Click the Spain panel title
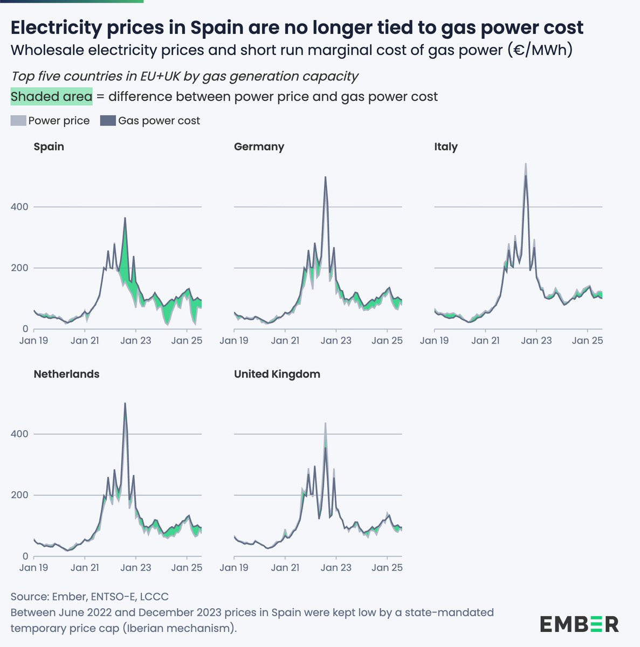click(x=49, y=147)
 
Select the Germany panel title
click(x=259, y=147)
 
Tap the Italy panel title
click(x=445, y=147)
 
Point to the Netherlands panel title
click(x=66, y=374)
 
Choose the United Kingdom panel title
click(x=277, y=374)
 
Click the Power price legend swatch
click(x=18, y=121)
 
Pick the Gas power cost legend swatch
click(x=108, y=121)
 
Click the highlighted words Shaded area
click(x=51, y=97)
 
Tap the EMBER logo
click(x=579, y=624)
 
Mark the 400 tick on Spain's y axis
click(x=19, y=207)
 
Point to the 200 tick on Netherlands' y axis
click(x=19, y=495)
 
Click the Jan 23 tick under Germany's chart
click(x=336, y=340)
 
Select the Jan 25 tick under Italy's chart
click(x=587, y=340)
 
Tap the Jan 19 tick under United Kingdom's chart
click(x=234, y=568)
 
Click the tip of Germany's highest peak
click(x=325, y=177)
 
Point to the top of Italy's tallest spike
click(x=526, y=163)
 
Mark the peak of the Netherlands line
click(x=125, y=403)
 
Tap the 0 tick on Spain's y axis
click(x=25, y=329)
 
